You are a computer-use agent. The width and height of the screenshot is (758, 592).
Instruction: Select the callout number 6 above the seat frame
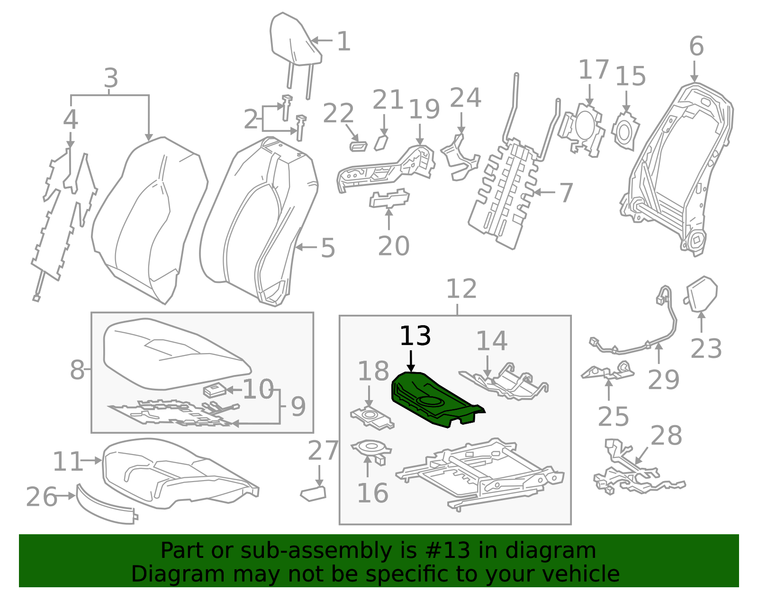(x=696, y=46)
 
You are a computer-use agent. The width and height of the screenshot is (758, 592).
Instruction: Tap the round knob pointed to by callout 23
(x=703, y=294)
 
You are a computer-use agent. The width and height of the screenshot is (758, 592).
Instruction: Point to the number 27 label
(x=323, y=450)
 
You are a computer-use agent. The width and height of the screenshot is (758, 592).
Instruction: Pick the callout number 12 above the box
(x=461, y=289)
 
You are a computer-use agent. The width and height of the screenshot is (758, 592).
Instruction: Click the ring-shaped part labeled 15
(x=625, y=130)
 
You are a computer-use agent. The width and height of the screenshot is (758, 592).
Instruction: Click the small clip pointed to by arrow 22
(x=358, y=146)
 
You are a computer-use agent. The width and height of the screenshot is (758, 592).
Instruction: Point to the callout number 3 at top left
(x=110, y=78)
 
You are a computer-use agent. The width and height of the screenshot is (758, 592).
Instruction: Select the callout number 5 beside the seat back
(x=328, y=248)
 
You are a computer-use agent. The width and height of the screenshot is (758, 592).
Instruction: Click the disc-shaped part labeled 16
(x=371, y=447)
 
